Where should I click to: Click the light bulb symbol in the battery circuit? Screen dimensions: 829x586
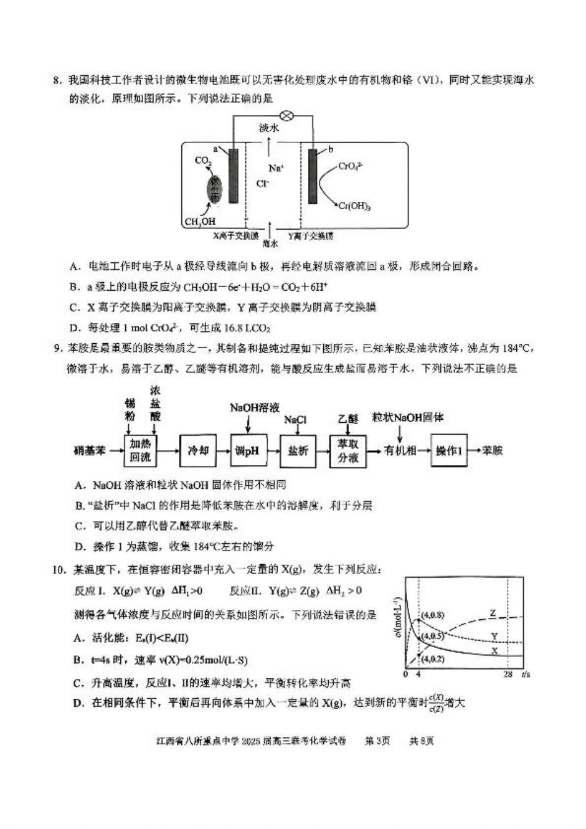(286, 115)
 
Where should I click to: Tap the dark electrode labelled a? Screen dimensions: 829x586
(233, 176)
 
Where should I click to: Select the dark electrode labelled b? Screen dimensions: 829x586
(313, 176)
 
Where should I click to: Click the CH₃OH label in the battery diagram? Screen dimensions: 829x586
(200, 222)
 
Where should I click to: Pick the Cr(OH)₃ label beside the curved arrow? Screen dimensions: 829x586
(355, 207)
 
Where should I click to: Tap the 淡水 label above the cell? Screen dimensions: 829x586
(269, 128)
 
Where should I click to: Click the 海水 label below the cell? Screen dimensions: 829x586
(270, 244)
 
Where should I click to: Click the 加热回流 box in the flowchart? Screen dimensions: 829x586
(140, 451)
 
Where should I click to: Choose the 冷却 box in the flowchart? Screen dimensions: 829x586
(198, 451)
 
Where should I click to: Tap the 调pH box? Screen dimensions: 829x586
(247, 451)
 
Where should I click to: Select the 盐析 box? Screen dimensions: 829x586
(298, 451)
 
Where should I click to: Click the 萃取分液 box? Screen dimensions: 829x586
(348, 451)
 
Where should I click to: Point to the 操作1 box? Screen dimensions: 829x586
(449, 451)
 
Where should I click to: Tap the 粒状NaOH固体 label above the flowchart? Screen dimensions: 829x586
(407, 417)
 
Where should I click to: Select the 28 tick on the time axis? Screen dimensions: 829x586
(508, 674)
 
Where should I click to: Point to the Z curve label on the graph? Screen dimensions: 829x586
(492, 614)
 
